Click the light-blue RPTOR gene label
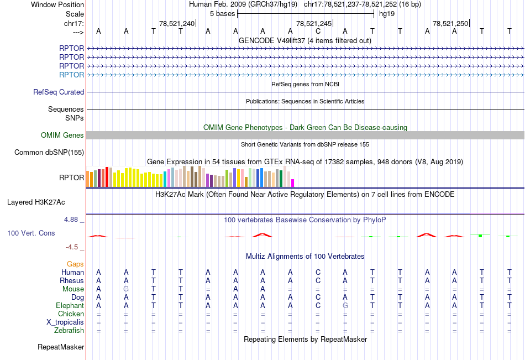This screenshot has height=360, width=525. coord(72,75)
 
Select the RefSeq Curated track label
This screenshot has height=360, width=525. coord(59,92)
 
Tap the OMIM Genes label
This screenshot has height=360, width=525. coord(62,135)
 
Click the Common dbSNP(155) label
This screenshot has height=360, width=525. coord(49,152)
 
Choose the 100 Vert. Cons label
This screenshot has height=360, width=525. coord(31,233)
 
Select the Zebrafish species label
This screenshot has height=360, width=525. coord(69,331)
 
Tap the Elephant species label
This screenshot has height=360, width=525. coord(70,305)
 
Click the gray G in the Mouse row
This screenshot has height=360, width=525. coord(126,289)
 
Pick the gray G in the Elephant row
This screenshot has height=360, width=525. coord(345,305)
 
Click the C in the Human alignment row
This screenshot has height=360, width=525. coord(318,272)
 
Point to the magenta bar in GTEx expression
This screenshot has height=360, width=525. coord(293,182)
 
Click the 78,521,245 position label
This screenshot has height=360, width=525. coord(314,23)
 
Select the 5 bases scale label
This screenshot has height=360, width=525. coord(222,13)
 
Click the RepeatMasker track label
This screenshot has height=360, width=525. coord(61,347)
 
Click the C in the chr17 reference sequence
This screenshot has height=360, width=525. coord(318,31)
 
